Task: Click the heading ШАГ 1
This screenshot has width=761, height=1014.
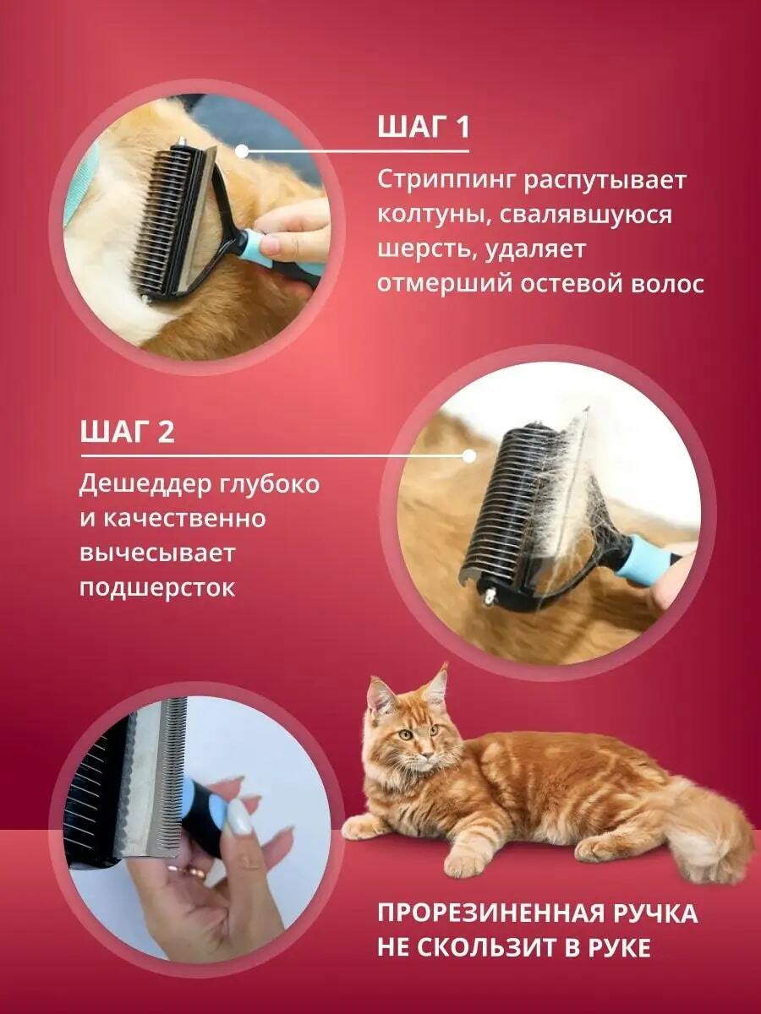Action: pyautogui.click(x=424, y=127)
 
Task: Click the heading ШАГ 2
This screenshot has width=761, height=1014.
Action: pyautogui.click(x=127, y=431)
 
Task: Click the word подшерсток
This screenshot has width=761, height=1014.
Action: pyautogui.click(x=157, y=588)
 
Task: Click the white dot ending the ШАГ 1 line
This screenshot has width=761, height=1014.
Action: pyautogui.click(x=242, y=151)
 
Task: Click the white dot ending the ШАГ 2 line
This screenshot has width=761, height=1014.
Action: pyautogui.click(x=469, y=456)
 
